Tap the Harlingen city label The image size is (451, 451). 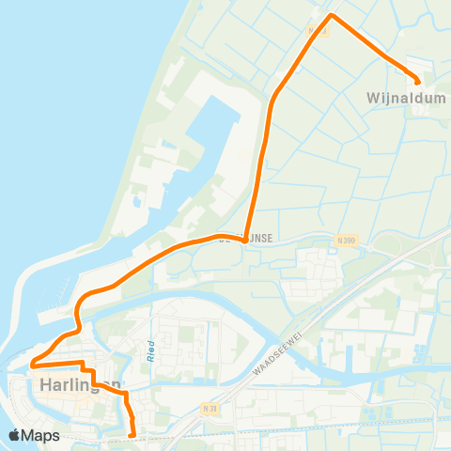(80, 383)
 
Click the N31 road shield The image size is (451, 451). (209, 409)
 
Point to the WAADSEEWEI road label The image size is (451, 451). (282, 350)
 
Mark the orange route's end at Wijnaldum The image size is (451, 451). (418, 81)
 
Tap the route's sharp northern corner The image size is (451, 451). (331, 15)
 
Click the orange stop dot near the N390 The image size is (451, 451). (244, 240)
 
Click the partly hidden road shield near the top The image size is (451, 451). (317, 29)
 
